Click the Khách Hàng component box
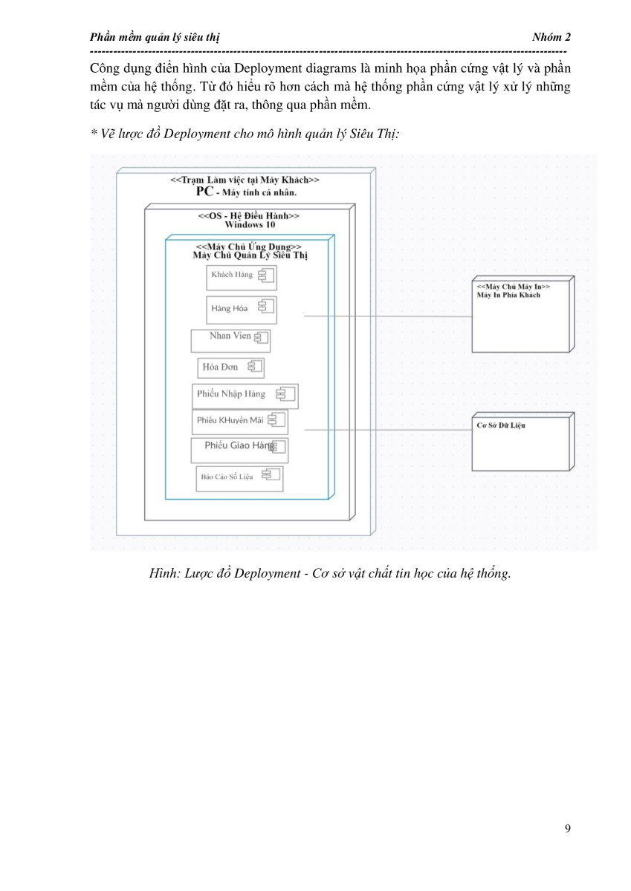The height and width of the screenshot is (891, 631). point(242,278)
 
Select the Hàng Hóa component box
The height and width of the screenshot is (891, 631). point(242,310)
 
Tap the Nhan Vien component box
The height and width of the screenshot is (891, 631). point(230,341)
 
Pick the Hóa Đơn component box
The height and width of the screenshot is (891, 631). point(231,368)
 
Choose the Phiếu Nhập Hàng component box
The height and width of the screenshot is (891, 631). point(245,396)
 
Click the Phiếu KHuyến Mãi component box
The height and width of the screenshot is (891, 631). point(240,422)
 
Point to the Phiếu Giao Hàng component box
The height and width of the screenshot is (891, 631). point(239,451)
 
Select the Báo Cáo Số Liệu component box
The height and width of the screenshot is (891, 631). point(239,479)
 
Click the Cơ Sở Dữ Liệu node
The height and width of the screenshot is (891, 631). point(523,442)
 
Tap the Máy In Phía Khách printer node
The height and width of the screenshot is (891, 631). point(523,314)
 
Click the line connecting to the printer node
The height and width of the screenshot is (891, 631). point(388,316)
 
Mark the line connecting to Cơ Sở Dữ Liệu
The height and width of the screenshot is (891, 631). point(388,430)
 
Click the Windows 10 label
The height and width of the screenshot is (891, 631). point(250,225)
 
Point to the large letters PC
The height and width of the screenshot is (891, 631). point(204,192)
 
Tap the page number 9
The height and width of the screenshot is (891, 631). point(567,828)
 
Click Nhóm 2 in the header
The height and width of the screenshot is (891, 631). point(551,37)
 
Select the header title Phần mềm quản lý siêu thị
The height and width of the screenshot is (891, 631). point(155,37)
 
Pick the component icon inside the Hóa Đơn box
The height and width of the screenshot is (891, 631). point(255,366)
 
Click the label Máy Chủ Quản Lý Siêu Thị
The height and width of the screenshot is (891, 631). point(250,255)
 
